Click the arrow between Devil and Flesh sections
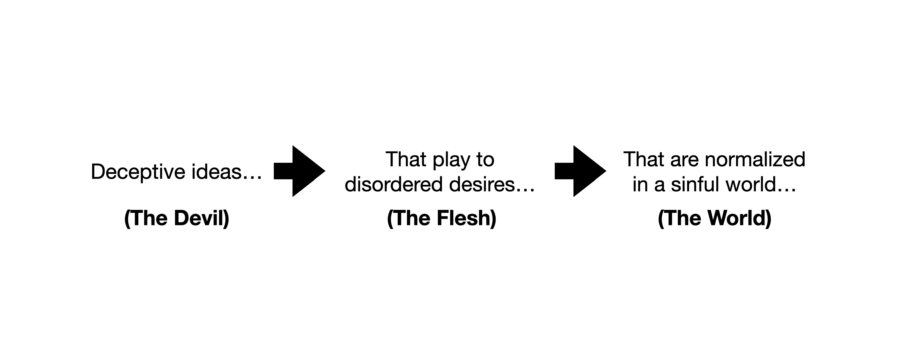[299, 171]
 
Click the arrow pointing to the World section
[580, 171]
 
